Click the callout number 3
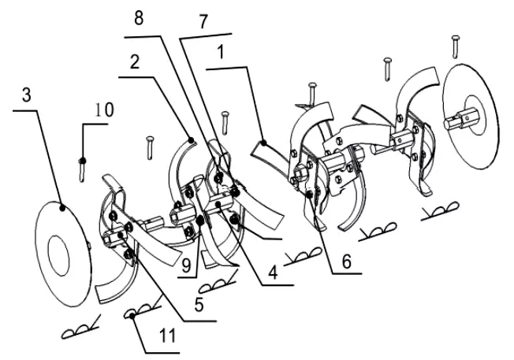point(27,95)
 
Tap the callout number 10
point(104,110)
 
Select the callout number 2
point(135,62)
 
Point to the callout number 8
point(139,18)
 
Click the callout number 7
point(203,22)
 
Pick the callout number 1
point(221,52)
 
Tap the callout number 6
point(346,262)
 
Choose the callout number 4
point(273,273)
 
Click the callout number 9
point(186,265)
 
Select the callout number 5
point(199,305)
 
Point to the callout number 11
point(167,336)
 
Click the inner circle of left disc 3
point(58,255)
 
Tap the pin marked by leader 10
point(82,169)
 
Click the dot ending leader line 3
point(62,207)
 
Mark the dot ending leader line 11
point(132,316)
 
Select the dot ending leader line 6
point(309,195)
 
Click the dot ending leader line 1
point(263,143)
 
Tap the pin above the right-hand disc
point(456,46)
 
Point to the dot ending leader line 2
point(192,140)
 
